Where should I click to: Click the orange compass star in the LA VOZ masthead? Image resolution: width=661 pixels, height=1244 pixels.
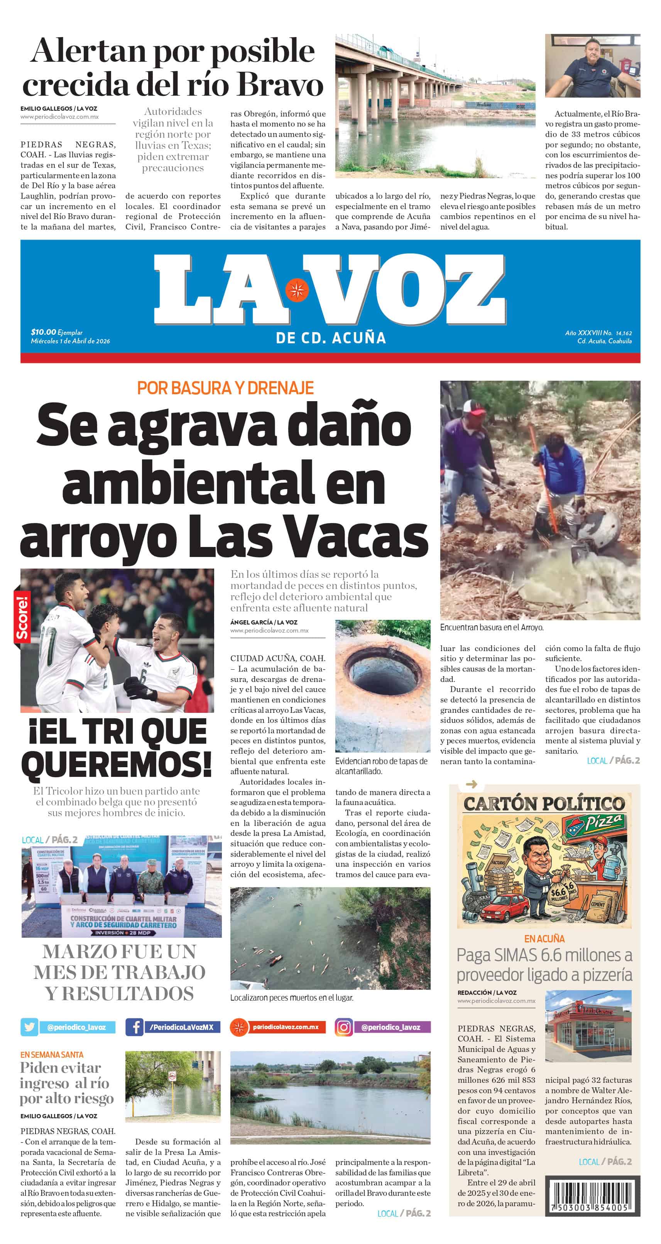[296, 290]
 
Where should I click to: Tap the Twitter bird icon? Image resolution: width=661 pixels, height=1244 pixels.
[29, 1027]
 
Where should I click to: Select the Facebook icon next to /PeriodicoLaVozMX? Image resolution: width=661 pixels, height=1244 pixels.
[134, 1027]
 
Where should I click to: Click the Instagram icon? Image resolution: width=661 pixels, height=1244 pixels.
[343, 1027]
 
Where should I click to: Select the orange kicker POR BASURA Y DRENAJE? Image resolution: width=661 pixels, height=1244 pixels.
[225, 388]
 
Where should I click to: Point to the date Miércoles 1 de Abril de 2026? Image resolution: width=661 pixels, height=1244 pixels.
[70, 341]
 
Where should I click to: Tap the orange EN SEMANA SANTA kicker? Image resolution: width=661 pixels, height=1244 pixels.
[52, 1054]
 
